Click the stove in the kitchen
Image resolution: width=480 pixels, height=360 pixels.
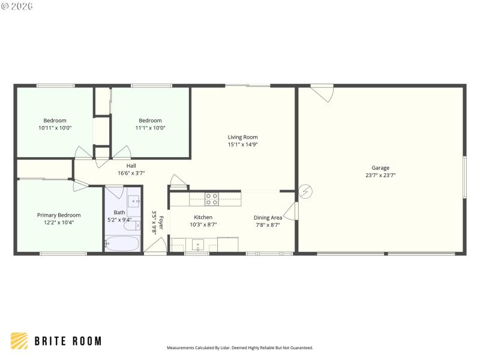212,199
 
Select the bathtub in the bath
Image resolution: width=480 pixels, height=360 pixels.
122,244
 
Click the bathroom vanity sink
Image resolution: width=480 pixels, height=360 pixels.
133,201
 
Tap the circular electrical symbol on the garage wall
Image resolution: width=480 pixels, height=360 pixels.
305,191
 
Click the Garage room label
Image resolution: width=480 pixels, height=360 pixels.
380,168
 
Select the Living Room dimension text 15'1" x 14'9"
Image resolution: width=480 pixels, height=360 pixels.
242,145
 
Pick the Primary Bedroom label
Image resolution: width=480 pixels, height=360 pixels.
59,215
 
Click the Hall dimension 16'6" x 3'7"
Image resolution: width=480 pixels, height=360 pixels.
131,173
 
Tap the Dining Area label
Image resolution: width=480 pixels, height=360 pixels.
268,218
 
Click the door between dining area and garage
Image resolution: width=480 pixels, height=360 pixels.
291,211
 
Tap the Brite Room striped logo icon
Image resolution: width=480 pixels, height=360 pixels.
19,341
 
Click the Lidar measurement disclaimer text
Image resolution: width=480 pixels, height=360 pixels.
239,347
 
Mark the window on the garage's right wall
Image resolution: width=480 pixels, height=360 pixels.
464,177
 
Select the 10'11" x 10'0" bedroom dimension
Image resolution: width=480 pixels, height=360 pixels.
55,128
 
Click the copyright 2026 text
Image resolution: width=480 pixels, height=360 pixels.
17,6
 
